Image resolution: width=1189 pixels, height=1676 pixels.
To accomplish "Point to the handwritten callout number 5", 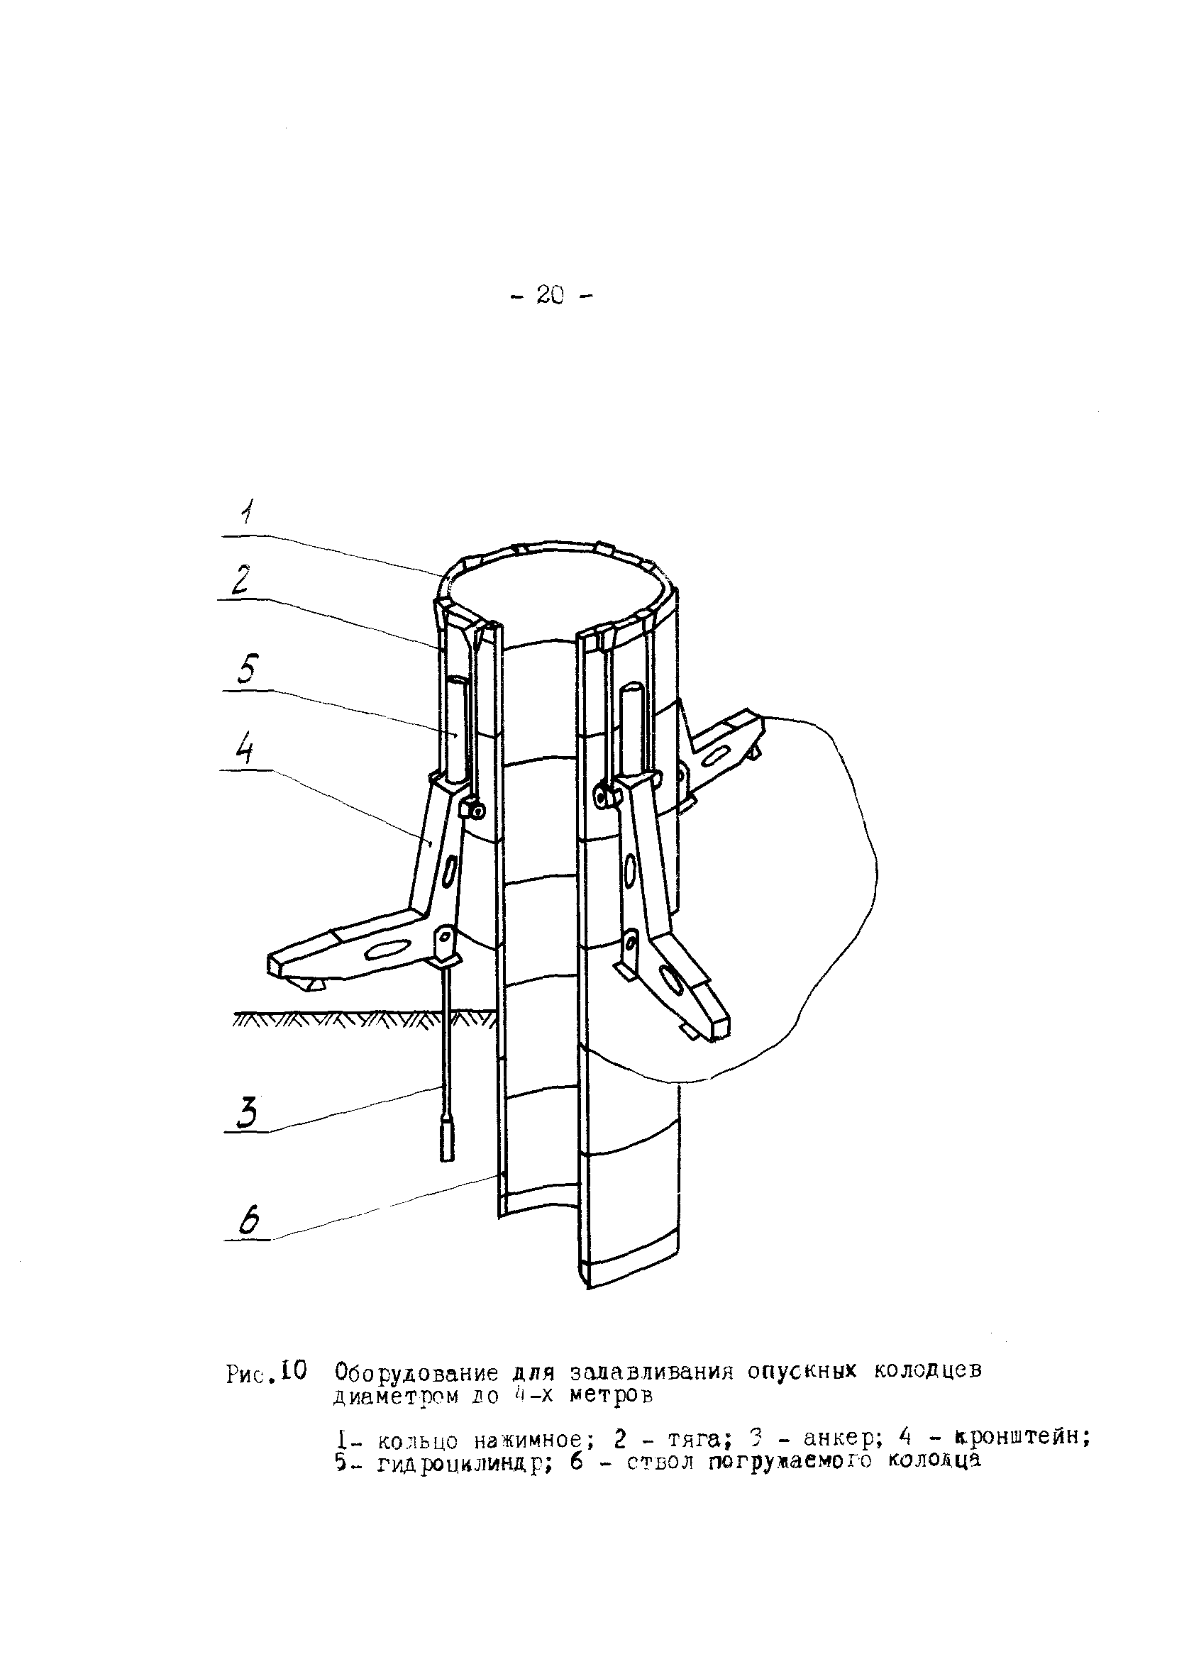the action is pyautogui.click(x=247, y=669).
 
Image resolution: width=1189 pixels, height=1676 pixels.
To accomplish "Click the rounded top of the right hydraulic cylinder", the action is pyautogui.click(x=634, y=689).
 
